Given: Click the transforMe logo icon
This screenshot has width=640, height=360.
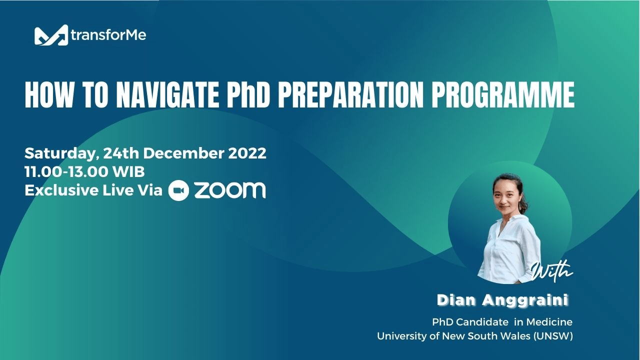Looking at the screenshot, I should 50,35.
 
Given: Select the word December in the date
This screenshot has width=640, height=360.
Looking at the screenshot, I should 184,153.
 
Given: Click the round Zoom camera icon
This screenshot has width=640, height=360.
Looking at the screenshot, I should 178,190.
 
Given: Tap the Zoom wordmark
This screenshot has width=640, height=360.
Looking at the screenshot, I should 229,190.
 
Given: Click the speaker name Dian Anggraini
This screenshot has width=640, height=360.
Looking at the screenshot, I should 502,300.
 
